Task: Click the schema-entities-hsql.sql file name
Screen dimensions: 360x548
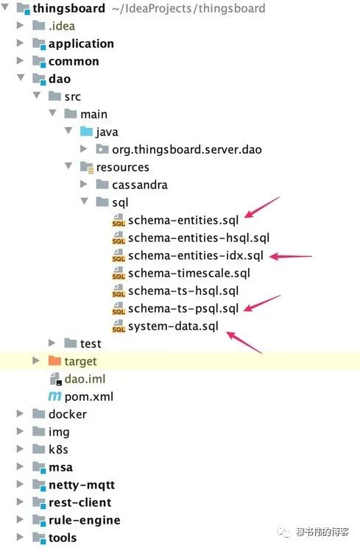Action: point(199,238)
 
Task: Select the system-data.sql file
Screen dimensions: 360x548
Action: point(173,327)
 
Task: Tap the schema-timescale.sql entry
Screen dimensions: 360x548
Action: point(189,274)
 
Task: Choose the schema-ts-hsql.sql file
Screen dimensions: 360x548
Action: point(183,291)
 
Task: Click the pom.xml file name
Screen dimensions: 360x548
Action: point(89,396)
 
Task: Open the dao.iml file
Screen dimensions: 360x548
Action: point(85,380)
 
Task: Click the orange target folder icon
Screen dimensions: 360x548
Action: point(54,360)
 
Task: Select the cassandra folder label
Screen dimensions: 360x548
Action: point(140,185)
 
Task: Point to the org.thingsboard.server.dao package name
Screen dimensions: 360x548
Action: point(187,149)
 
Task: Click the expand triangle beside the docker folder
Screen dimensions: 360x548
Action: point(20,414)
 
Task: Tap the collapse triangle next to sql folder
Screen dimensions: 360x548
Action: point(85,202)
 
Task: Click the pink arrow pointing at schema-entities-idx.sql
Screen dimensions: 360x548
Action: point(291,257)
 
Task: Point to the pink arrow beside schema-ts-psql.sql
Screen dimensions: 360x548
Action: point(261,303)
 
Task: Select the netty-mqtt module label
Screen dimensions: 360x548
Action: point(82,485)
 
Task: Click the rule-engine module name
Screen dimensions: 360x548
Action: point(85,520)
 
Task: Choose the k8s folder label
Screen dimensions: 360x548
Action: point(58,449)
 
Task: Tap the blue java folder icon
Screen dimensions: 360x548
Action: point(86,131)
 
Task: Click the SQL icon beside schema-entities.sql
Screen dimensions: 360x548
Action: point(119,221)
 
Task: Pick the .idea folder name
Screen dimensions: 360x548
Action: point(62,26)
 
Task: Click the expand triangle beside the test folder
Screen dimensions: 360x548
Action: point(52,343)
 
